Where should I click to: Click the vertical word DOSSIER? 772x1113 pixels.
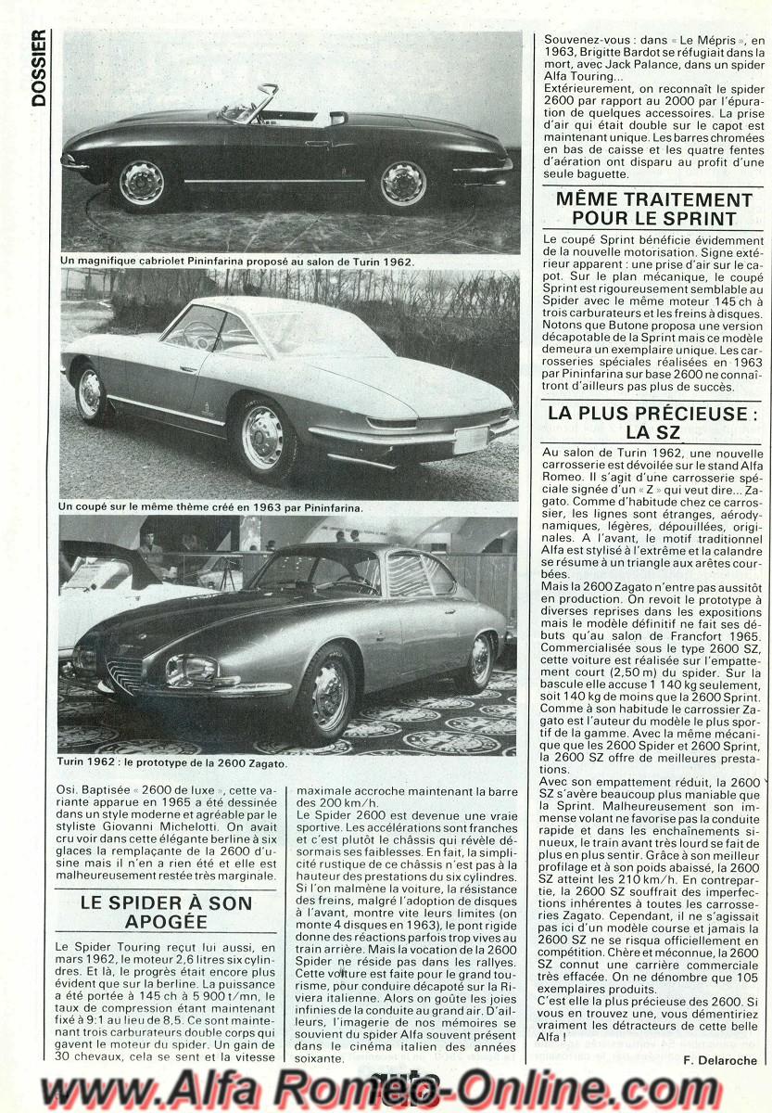click(x=38, y=67)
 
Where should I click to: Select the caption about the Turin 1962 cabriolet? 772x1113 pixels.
click(x=236, y=262)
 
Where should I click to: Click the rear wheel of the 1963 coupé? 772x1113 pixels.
click(x=90, y=392)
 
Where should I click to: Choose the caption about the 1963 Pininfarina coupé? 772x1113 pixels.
click(x=210, y=507)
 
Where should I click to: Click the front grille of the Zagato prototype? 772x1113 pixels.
click(x=124, y=674)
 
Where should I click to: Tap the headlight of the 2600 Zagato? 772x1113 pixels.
click(x=192, y=669)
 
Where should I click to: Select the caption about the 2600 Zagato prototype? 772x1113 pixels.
click(x=172, y=764)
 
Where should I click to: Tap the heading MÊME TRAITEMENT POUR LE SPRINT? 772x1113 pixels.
click(x=654, y=209)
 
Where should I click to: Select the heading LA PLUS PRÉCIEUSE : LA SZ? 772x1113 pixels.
click(x=654, y=422)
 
